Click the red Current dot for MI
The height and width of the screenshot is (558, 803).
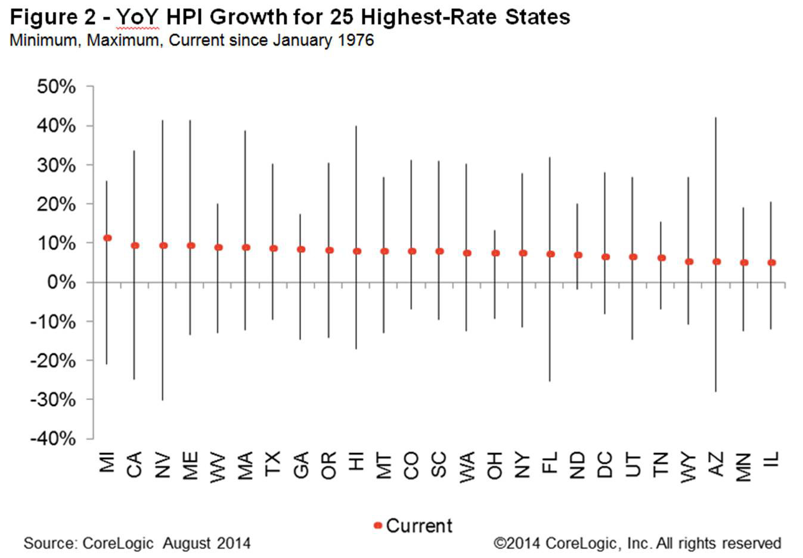pyautogui.click(x=107, y=238)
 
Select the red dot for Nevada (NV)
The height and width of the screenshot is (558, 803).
pyautogui.click(x=163, y=245)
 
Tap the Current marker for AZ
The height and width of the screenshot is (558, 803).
pyautogui.click(x=717, y=261)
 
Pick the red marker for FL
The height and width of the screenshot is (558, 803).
pyautogui.click(x=550, y=254)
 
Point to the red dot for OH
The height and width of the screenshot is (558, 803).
pyautogui.click(x=495, y=253)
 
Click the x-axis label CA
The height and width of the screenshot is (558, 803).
pyautogui.click(x=135, y=465)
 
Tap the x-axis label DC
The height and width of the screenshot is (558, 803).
pyautogui.click(x=605, y=465)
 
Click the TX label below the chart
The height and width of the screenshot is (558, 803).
pyautogui.click(x=272, y=463)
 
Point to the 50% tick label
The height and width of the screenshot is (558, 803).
pyautogui.click(x=56, y=87)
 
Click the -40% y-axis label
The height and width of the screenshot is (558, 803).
pyautogui.click(x=53, y=439)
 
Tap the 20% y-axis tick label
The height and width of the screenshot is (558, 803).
pyautogui.click(x=56, y=204)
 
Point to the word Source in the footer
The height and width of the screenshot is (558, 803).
pyautogui.click(x=49, y=544)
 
